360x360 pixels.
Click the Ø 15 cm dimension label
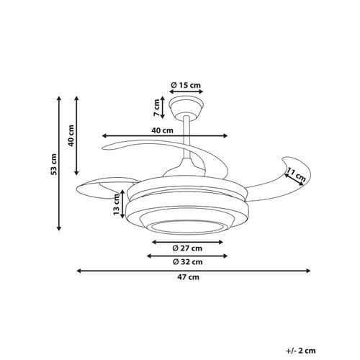coord(186,86)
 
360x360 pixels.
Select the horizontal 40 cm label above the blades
coord(163,130)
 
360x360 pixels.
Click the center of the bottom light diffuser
coord(186,225)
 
